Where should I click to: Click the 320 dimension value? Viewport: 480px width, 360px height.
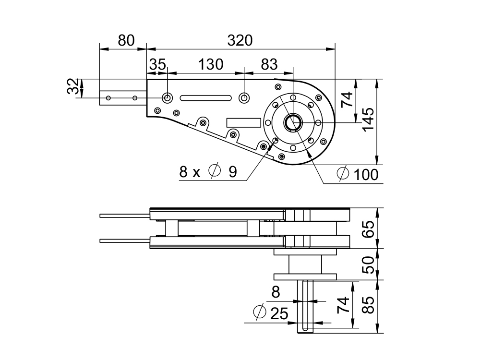(x=240, y=41)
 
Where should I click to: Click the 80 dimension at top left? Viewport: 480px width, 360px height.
(x=126, y=41)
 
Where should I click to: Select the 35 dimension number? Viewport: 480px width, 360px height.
(x=157, y=65)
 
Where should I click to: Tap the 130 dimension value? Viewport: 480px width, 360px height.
(x=211, y=65)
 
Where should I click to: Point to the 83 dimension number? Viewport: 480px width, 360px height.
(x=269, y=65)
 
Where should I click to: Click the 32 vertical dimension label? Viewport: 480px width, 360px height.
(x=73, y=88)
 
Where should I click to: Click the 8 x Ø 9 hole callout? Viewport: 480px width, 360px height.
(x=208, y=172)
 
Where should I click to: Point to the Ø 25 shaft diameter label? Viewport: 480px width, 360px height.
(x=271, y=313)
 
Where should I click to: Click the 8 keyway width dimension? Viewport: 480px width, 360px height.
(x=275, y=291)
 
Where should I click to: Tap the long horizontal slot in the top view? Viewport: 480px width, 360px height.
(x=205, y=98)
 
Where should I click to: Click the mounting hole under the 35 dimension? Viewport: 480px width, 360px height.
(x=167, y=97)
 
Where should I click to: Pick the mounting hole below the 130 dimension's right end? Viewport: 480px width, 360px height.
(x=244, y=98)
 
